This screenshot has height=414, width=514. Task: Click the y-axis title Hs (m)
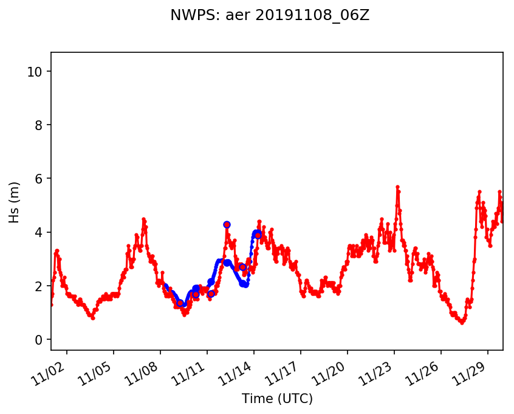[15, 202]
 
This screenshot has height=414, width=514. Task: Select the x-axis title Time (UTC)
[277, 399]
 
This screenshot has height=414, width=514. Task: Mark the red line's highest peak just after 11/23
[397, 187]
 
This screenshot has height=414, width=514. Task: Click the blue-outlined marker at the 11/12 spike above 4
[227, 224]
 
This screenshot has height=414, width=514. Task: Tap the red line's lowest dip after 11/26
[462, 322]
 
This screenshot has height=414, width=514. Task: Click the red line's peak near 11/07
[143, 219]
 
